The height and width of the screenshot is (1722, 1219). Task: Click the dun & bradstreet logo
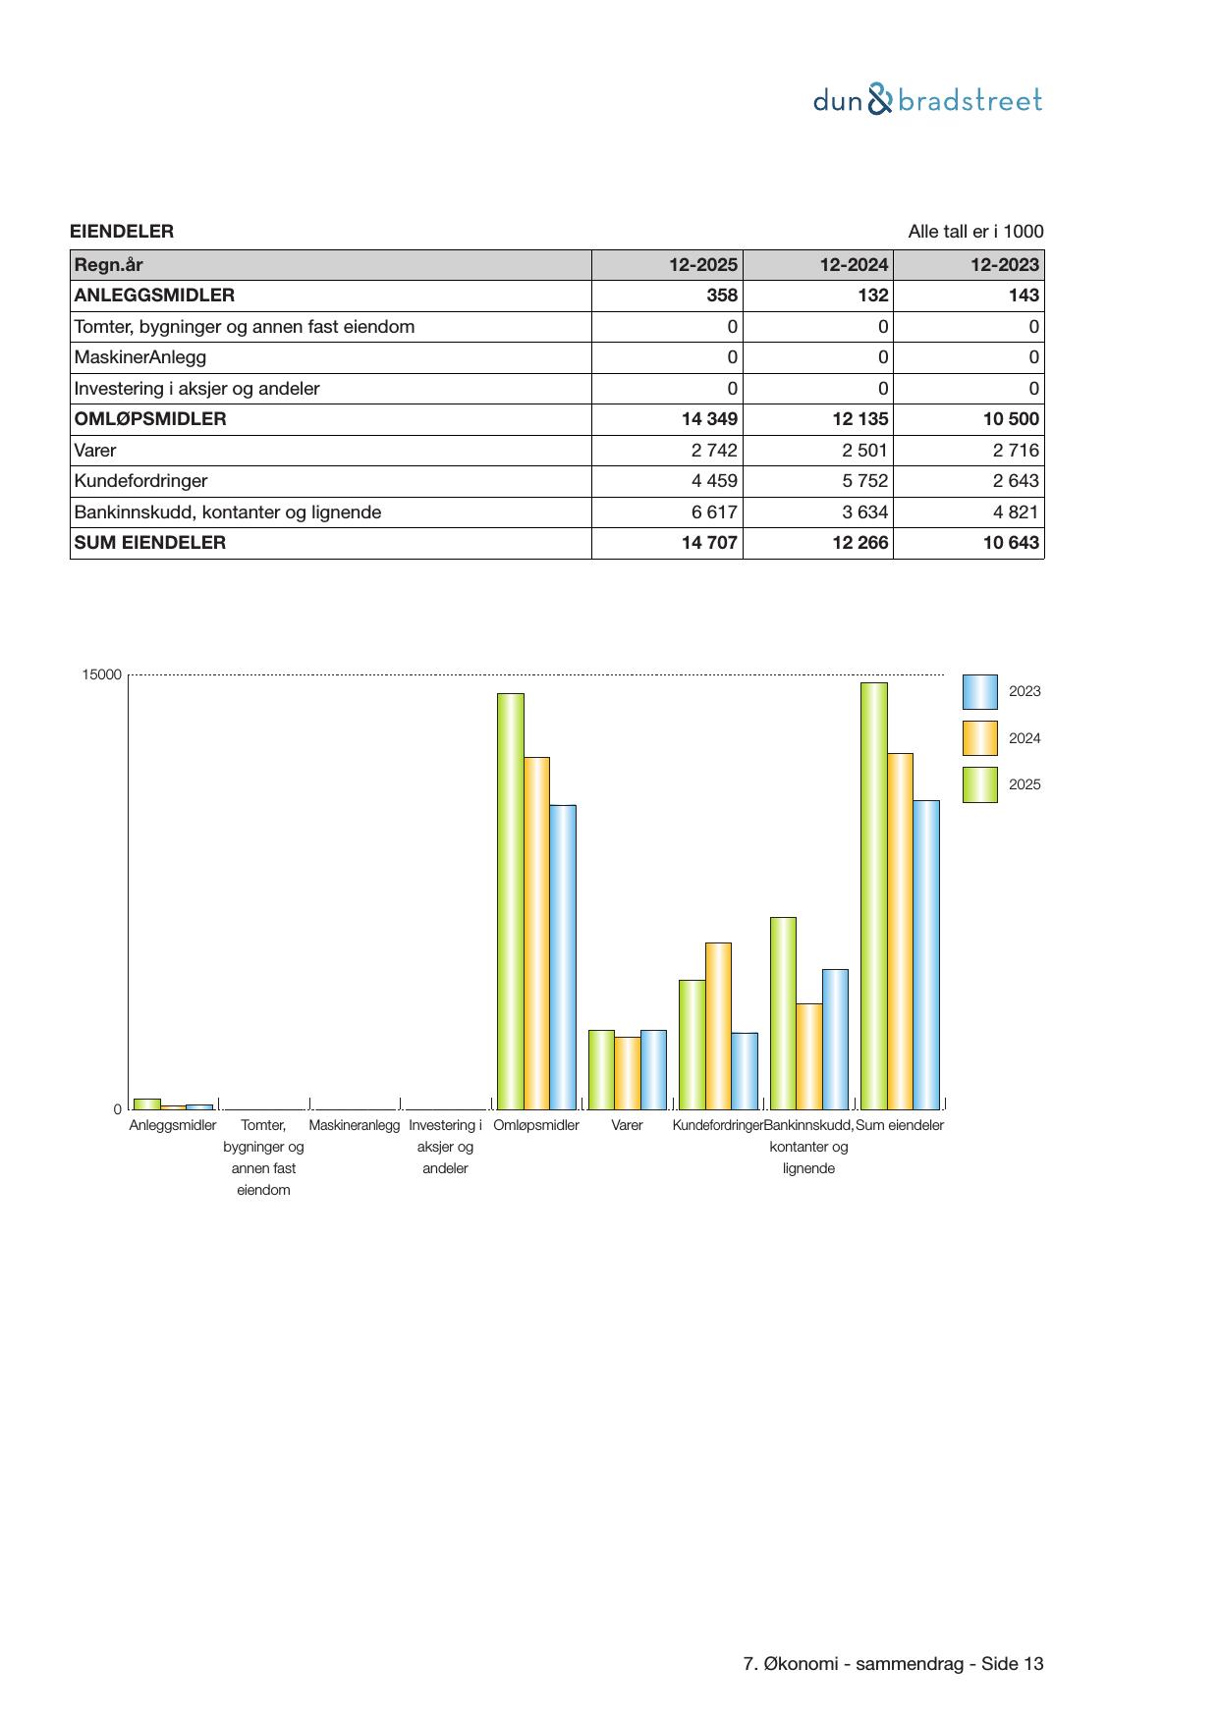[x=927, y=100]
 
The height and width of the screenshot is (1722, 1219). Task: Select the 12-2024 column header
[x=855, y=265]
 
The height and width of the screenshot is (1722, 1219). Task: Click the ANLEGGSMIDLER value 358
[x=722, y=296]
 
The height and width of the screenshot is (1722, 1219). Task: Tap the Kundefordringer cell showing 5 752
[x=865, y=481]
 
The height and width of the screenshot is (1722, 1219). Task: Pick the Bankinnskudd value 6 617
[x=714, y=512]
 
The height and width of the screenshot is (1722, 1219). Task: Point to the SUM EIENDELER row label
[x=150, y=543]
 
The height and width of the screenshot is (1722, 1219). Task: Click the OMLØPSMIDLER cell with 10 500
[x=1011, y=419]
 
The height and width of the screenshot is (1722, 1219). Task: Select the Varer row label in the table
[x=95, y=451]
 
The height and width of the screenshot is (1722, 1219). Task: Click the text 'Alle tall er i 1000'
[x=975, y=232]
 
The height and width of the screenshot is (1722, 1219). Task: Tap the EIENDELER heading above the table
[x=122, y=232]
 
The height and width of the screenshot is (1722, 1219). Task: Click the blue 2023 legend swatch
[x=979, y=692]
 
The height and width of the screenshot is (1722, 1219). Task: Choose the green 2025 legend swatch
[x=979, y=784]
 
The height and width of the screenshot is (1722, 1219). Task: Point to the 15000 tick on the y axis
[x=102, y=675]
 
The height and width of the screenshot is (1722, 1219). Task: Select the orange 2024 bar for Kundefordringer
[x=718, y=1026]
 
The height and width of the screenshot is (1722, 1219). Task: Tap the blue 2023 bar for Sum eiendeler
[x=926, y=954]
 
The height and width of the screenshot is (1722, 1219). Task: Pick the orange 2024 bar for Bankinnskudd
[x=809, y=1056]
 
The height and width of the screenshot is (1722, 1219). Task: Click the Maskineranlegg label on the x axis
[x=355, y=1126]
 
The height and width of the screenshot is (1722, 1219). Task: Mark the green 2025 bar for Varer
[x=601, y=1069]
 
